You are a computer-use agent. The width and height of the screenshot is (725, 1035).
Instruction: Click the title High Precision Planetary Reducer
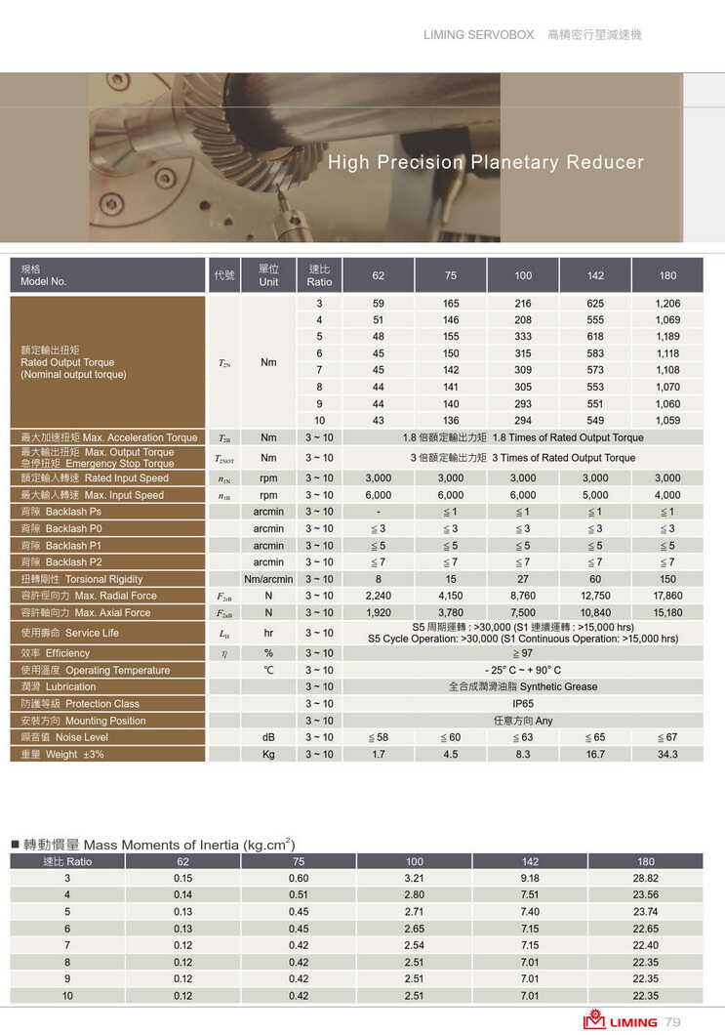[x=486, y=162]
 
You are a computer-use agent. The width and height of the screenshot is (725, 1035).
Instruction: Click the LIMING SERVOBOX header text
[x=478, y=35]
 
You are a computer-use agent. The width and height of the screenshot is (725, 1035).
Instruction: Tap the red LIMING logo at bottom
[x=621, y=1021]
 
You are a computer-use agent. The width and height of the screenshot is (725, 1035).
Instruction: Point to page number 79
[x=672, y=1021]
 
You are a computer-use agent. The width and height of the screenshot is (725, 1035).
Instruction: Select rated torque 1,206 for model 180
[x=667, y=304]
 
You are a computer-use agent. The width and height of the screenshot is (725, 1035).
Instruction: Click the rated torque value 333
[x=523, y=337]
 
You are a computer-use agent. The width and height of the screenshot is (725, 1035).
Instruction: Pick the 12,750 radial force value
[x=595, y=596]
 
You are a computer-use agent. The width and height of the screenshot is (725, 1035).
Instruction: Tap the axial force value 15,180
[x=667, y=613]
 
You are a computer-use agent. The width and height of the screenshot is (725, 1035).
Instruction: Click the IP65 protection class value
[x=523, y=704]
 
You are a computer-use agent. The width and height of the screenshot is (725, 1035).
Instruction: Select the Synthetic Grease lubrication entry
[x=523, y=686]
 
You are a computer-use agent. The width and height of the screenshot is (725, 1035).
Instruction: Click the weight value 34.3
[x=667, y=755]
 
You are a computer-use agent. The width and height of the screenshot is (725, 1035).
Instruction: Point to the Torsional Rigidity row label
[x=82, y=579]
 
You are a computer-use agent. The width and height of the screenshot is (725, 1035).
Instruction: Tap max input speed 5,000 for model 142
[x=595, y=495]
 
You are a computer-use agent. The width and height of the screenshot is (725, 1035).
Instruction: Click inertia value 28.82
[x=645, y=879]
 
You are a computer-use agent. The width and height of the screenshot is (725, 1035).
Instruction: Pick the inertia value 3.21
[x=415, y=879]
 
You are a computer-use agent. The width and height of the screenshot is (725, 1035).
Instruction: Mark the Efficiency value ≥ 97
[x=523, y=653]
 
